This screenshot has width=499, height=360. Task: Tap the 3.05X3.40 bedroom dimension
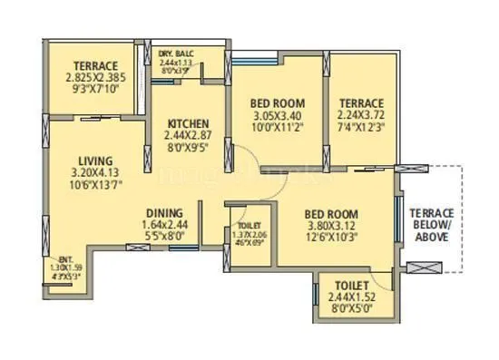point(277,116)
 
